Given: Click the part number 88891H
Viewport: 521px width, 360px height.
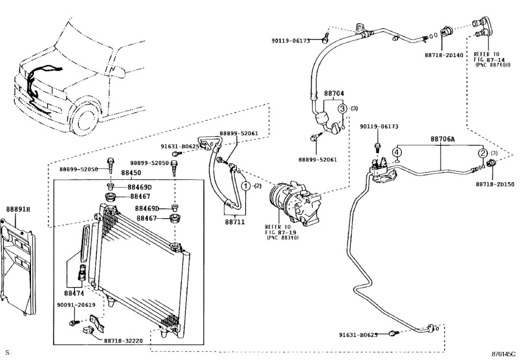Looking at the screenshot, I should (18, 209).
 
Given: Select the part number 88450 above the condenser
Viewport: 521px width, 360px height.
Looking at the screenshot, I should (131, 173).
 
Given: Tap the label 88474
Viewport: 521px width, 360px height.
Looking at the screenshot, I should (75, 293).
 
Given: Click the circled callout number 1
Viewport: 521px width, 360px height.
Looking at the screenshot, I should (246, 186).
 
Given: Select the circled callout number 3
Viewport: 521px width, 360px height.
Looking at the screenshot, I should (342, 109).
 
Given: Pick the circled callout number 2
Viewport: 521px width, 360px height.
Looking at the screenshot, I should (482, 153).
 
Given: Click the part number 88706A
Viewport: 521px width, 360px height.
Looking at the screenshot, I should (443, 140).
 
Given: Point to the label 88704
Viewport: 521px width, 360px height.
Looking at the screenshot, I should (334, 93).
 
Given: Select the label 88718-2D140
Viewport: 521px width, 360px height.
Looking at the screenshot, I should (443, 55).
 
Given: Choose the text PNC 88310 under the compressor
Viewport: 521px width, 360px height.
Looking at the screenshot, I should (282, 237).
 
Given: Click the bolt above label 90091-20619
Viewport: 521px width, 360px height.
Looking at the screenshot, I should (73, 323).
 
